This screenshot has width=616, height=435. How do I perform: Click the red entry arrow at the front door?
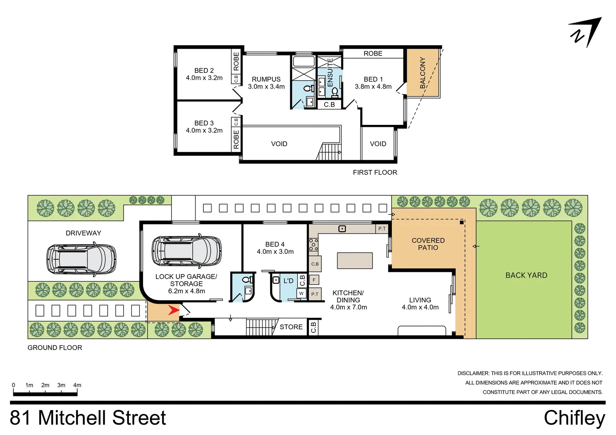[174, 310]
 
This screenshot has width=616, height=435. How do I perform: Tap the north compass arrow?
[586, 33]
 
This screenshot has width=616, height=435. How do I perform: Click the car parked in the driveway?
[81, 259]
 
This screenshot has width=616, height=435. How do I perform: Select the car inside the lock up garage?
[187, 251]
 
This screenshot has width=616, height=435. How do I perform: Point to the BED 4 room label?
[275, 244]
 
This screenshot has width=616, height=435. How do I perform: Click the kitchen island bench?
[355, 261]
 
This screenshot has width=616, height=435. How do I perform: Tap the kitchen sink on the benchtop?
[342, 228]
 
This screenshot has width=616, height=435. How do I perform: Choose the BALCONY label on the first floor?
[422, 73]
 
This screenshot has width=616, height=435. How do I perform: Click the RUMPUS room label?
[266, 79]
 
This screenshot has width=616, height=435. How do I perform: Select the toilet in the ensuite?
[335, 93]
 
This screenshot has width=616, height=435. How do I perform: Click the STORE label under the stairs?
[291, 327]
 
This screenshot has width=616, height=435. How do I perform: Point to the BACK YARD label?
[527, 275]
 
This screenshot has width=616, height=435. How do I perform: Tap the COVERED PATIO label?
[428, 244]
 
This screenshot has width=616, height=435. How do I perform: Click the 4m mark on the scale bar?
[77, 385]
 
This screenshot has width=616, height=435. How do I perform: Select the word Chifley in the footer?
[574, 418]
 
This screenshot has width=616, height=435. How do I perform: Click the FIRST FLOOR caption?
[375, 172]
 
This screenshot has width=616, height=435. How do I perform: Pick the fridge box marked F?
[314, 280]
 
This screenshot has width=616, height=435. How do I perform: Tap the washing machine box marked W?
[302, 293]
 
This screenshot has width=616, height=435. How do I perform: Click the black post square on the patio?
[462, 222]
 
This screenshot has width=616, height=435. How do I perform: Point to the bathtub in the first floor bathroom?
[304, 61]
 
